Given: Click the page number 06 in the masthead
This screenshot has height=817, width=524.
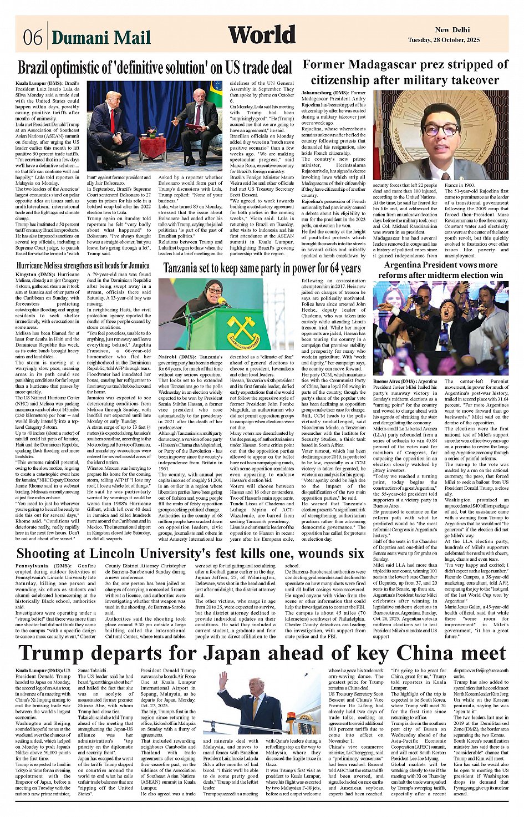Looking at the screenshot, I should [x=33, y=37].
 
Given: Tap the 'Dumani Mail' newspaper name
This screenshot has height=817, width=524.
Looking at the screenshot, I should [x=101, y=37].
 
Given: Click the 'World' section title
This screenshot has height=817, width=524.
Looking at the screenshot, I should [x=262, y=35].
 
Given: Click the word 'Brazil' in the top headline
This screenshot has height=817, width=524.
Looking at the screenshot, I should [x=38, y=68].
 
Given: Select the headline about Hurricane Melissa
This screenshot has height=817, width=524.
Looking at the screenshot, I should [x=83, y=265].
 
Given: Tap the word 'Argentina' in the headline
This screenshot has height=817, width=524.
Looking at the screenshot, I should [x=408, y=265].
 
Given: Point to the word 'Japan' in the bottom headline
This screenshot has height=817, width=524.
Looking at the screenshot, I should [x=274, y=652].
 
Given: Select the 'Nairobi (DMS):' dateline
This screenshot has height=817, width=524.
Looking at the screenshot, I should [x=177, y=356].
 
